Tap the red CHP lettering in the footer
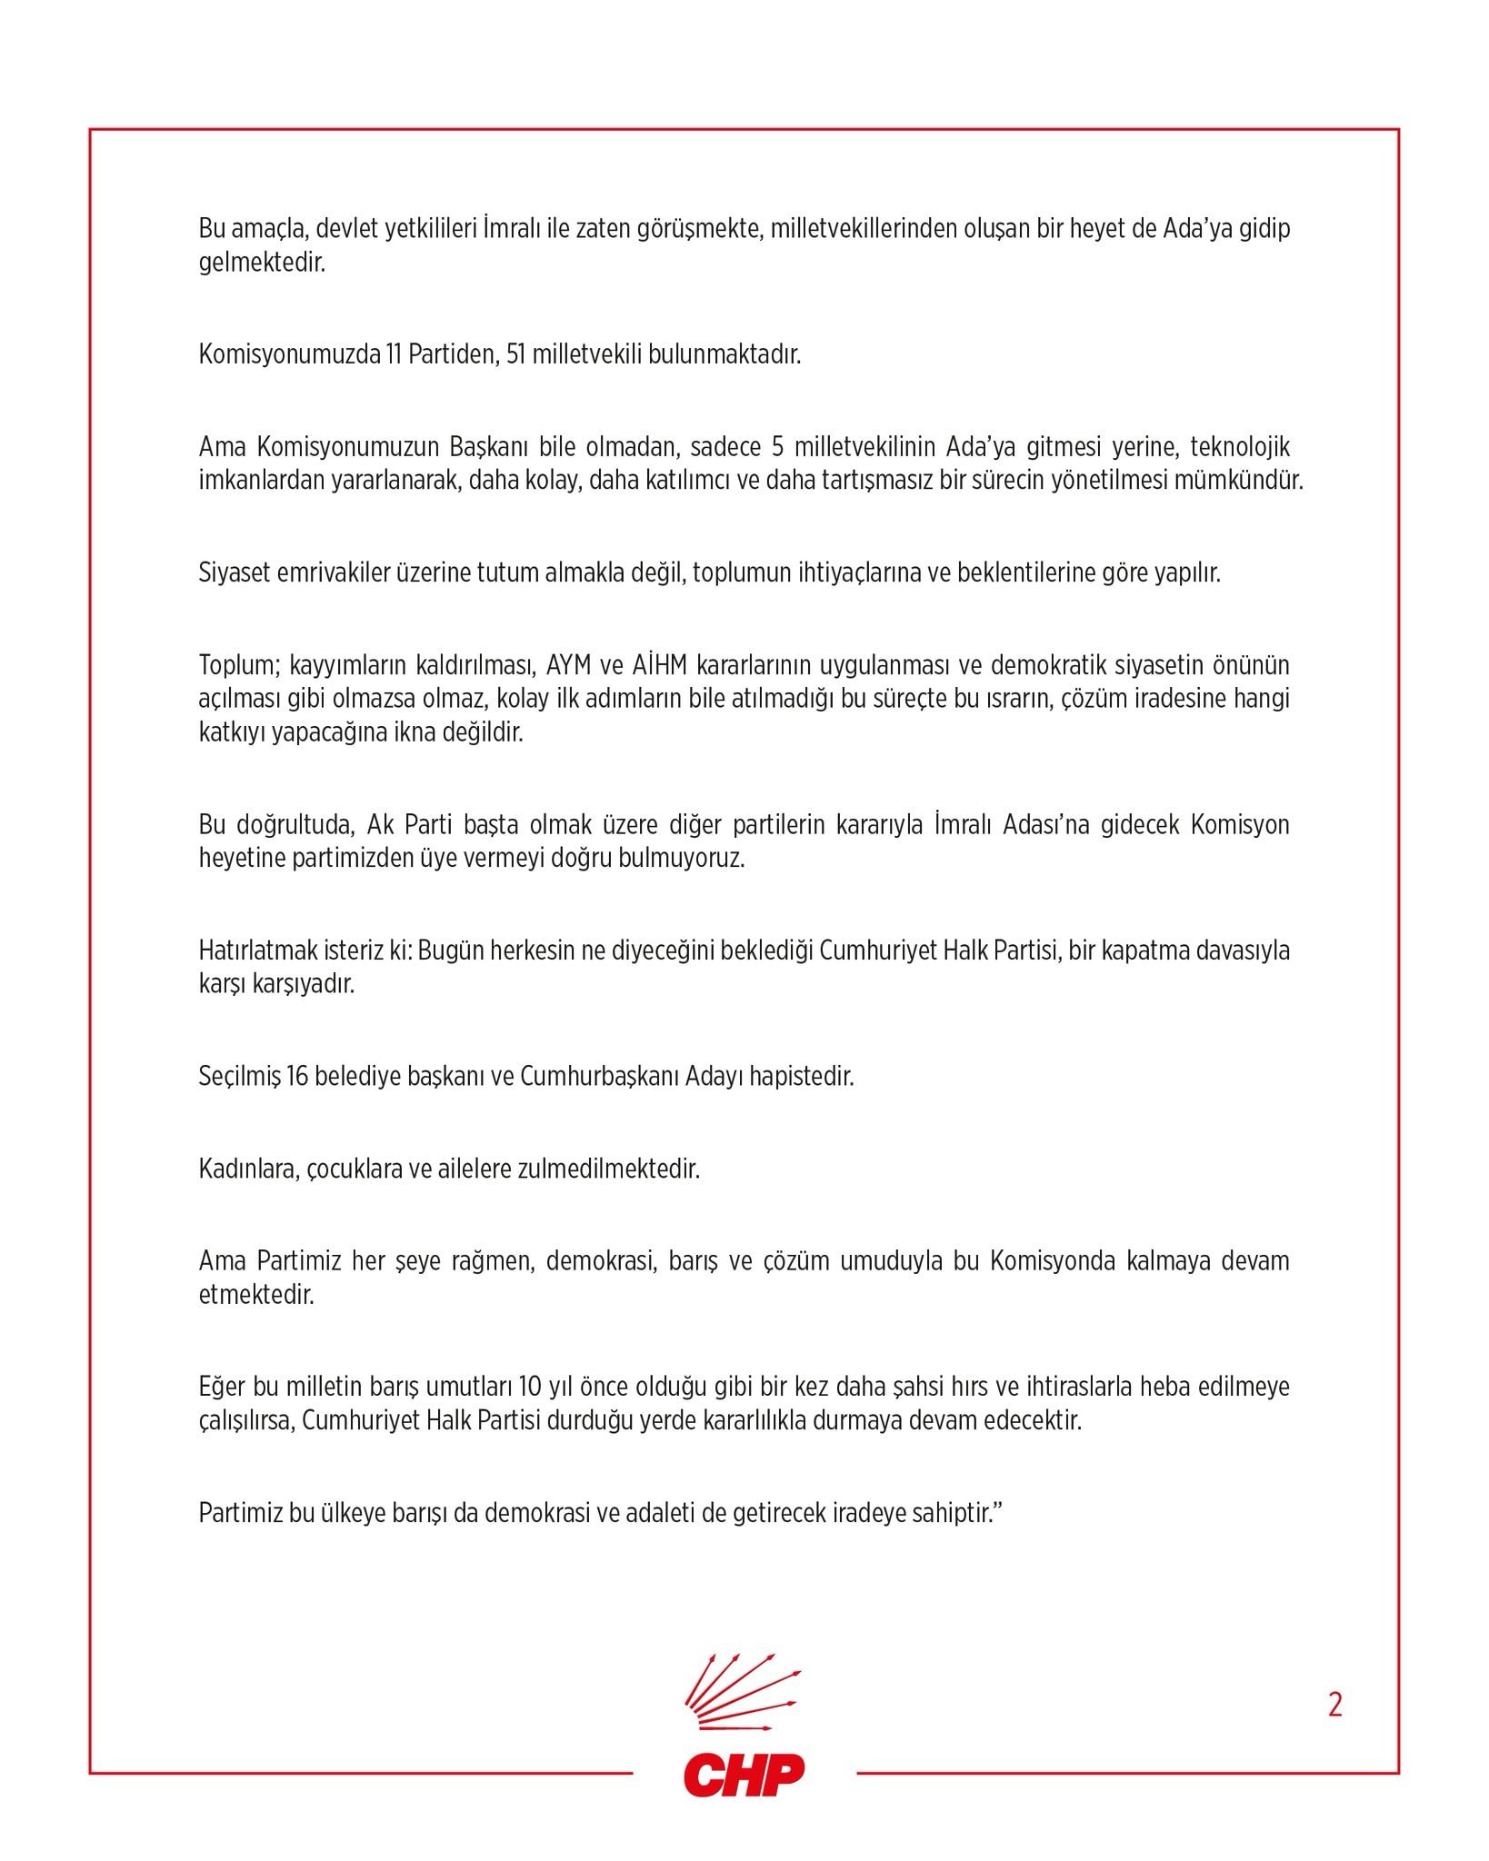point(744,1775)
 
